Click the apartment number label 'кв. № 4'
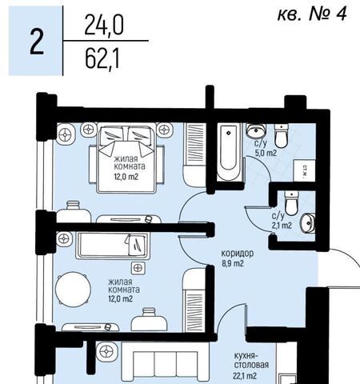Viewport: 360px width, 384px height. pyautogui.click(x=312, y=14)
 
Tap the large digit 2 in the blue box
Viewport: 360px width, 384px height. pyautogui.click(x=37, y=42)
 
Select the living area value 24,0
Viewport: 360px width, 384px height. pyautogui.click(x=104, y=26)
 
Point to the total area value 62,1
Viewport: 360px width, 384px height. pyautogui.click(x=102, y=59)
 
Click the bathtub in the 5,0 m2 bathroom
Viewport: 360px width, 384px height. pyautogui.click(x=229, y=151)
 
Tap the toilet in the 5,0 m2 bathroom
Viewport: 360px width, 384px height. pyautogui.click(x=282, y=135)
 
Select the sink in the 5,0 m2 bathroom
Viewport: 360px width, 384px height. pyautogui.click(x=256, y=130)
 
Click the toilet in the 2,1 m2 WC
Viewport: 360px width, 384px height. pyautogui.click(x=291, y=203)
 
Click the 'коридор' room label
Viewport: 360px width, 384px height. pyautogui.click(x=238, y=253)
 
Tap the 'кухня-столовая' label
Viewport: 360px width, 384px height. pyautogui.click(x=251, y=360)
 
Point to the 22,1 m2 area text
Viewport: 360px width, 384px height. pyautogui.click(x=245, y=376)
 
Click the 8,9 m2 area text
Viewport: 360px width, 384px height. pyautogui.click(x=233, y=263)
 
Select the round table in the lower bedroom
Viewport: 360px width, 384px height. pyautogui.click(x=73, y=290)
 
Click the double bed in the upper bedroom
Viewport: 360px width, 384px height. pyautogui.click(x=126, y=158)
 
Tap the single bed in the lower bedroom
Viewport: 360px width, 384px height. pyautogui.click(x=113, y=246)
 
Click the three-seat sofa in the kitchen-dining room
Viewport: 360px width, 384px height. pyautogui.click(x=166, y=362)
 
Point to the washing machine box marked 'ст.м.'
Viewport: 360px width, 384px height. pyautogui.click(x=304, y=170)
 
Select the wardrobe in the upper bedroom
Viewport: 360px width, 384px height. pyautogui.click(x=194, y=154)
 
